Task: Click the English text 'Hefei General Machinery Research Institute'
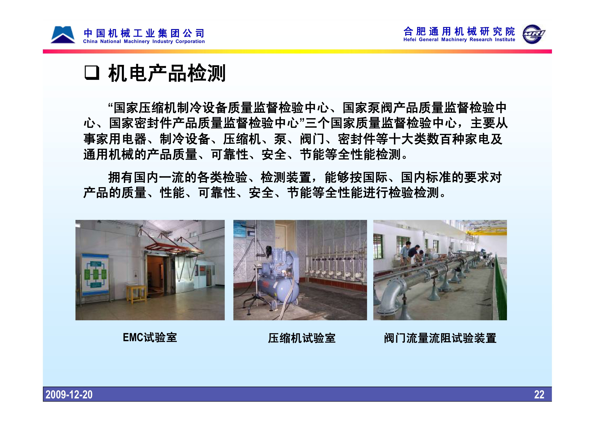point(459,40)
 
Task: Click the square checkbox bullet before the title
point(92,73)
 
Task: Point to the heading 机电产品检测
point(167,73)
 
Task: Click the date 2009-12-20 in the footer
point(69,395)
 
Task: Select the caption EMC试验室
point(150,337)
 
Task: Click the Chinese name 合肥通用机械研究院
point(459,32)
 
